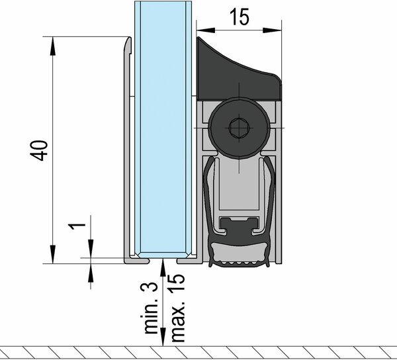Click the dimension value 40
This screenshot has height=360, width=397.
[x=39, y=150]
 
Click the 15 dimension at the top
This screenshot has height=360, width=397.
[x=240, y=17]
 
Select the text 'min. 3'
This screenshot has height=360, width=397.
[x=151, y=308]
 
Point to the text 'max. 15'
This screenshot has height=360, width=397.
[x=177, y=308]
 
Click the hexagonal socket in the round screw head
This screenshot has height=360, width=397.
[x=239, y=128]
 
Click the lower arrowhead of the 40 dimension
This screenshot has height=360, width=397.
[x=53, y=254]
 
